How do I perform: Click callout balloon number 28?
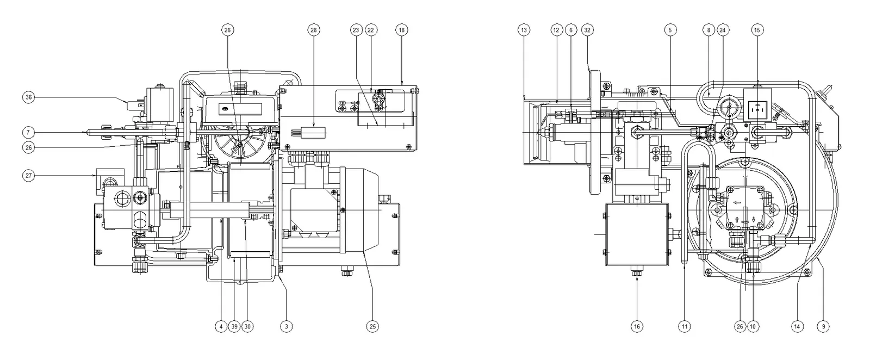pos(314,30)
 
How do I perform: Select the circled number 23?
pos(356,30)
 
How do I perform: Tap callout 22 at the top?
pos(370,30)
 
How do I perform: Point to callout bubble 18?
pos(402,30)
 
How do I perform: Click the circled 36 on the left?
pos(28,97)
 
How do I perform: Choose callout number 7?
pos(28,133)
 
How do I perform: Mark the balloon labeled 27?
pos(28,176)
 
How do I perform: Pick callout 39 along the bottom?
pos(234,327)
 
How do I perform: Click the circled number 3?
pos(286,327)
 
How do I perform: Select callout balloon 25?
pos(372,327)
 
